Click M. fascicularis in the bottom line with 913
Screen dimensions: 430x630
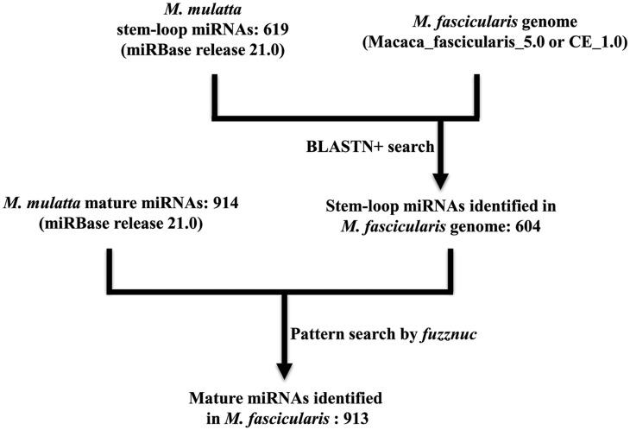[320, 414]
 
